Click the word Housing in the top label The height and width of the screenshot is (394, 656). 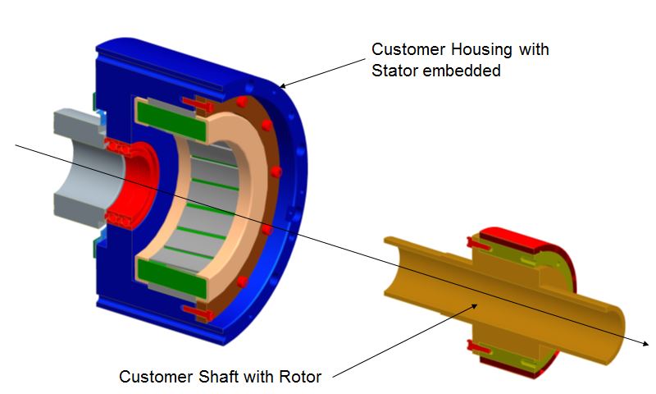[481, 50]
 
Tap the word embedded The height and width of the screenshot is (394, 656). [462, 71]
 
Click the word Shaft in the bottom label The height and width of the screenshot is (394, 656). [218, 377]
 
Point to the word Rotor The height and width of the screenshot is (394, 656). [300, 377]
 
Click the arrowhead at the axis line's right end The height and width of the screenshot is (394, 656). [646, 343]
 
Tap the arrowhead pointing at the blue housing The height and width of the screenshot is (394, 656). [283, 86]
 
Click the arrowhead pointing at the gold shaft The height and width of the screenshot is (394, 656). [474, 306]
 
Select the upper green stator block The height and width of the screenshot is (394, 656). [171, 120]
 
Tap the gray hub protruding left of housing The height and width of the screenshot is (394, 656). [84, 167]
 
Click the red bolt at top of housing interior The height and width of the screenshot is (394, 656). [198, 104]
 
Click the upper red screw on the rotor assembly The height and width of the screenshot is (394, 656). [478, 244]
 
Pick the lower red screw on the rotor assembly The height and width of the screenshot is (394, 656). [478, 347]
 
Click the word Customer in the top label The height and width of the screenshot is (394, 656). [408, 49]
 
